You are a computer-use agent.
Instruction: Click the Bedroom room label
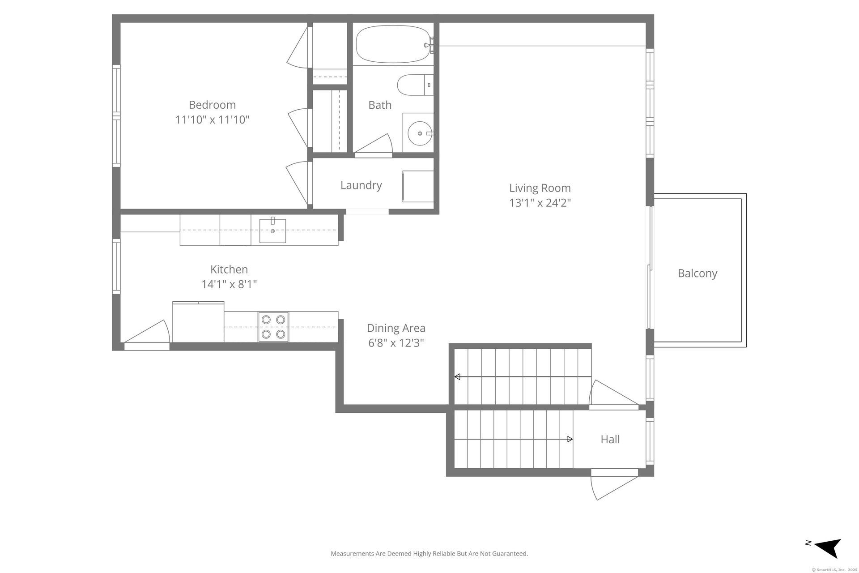click(x=212, y=105)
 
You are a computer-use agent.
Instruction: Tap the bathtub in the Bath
click(x=394, y=44)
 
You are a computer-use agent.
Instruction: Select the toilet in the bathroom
click(x=415, y=85)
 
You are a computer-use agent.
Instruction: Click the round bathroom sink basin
click(x=420, y=133)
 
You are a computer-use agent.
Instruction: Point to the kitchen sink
click(x=272, y=231)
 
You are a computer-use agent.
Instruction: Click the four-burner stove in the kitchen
click(x=273, y=327)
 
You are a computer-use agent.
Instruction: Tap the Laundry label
click(x=361, y=185)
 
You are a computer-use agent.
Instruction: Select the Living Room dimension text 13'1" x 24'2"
click(x=540, y=203)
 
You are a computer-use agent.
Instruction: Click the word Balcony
click(x=697, y=274)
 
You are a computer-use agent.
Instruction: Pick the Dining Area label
click(x=396, y=328)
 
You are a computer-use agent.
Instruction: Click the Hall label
click(x=610, y=439)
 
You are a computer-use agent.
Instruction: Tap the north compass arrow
click(x=828, y=548)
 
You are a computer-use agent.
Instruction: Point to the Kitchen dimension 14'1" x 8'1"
click(x=229, y=284)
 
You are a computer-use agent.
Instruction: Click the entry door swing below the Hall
click(x=614, y=484)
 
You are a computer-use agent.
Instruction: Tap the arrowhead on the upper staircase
click(x=457, y=377)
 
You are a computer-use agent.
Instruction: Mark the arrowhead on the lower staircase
click(x=570, y=439)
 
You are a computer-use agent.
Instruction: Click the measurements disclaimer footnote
click(x=429, y=554)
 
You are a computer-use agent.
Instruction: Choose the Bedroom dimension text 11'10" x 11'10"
click(x=212, y=120)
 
